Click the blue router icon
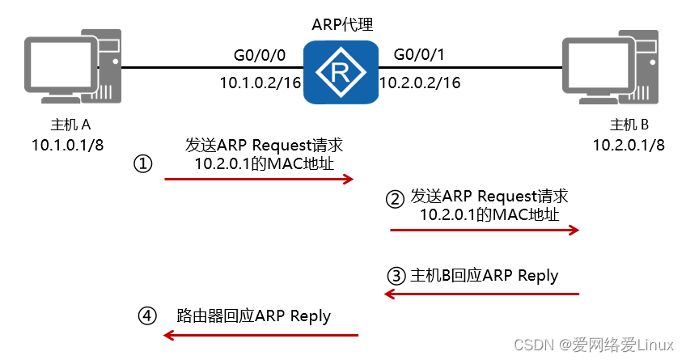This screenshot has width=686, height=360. (341, 74)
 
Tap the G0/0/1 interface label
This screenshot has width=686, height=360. (419, 55)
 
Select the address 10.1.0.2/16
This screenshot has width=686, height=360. (260, 83)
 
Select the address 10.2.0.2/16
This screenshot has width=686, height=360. (420, 83)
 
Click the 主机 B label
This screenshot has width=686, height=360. (629, 125)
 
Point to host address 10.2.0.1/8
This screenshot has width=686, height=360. (629, 146)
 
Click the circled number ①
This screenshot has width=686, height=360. (143, 164)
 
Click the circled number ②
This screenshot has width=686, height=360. (394, 198)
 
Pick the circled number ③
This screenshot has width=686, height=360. (396, 276)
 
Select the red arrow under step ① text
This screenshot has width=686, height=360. (260, 179)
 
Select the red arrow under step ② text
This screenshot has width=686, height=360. (485, 231)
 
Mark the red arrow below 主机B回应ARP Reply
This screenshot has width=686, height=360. (483, 294)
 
